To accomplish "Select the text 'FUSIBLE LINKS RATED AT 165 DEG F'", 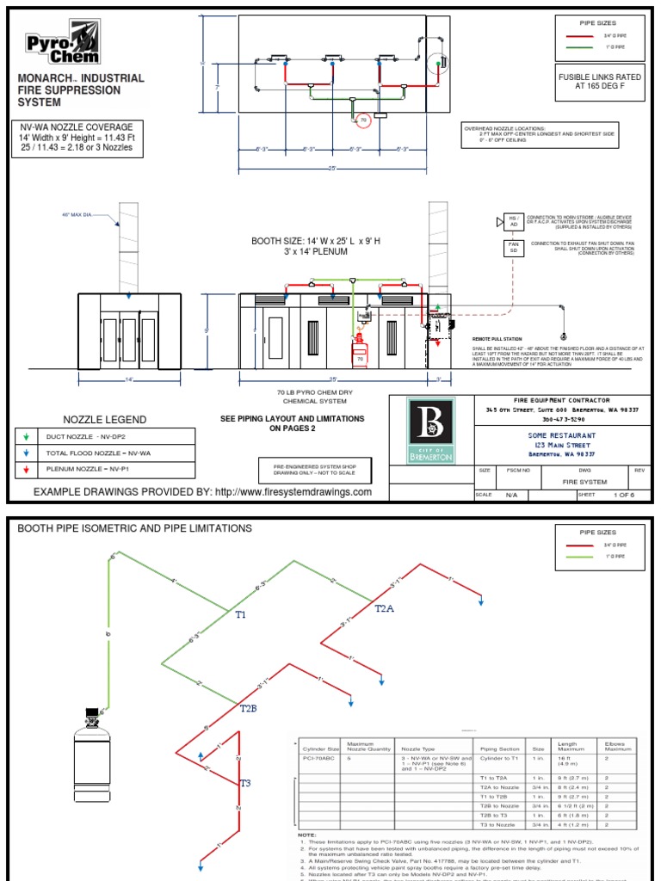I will point(600,82).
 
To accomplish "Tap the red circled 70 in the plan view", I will point(362,120).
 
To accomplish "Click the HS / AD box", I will point(514,223).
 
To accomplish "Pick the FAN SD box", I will point(514,248).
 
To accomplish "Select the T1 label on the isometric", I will point(241,615).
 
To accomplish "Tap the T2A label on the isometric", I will point(385,608).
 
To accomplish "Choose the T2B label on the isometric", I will point(248,707).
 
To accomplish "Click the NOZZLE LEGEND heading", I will point(101,420).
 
